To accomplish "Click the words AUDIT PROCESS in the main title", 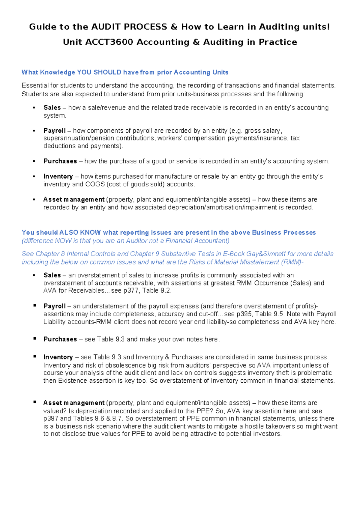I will (x=129, y=27).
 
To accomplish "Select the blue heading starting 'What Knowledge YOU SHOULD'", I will (x=125, y=72).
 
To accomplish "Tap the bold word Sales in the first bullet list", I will (x=52, y=107).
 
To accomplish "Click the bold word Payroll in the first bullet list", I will (x=54, y=131).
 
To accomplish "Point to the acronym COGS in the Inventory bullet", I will (x=95, y=184).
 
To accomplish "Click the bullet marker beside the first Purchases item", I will (x=34, y=161).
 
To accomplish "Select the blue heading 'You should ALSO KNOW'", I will (x=169, y=233).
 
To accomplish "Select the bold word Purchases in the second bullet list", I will (x=60, y=339).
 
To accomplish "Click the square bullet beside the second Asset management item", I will (x=35, y=402).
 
